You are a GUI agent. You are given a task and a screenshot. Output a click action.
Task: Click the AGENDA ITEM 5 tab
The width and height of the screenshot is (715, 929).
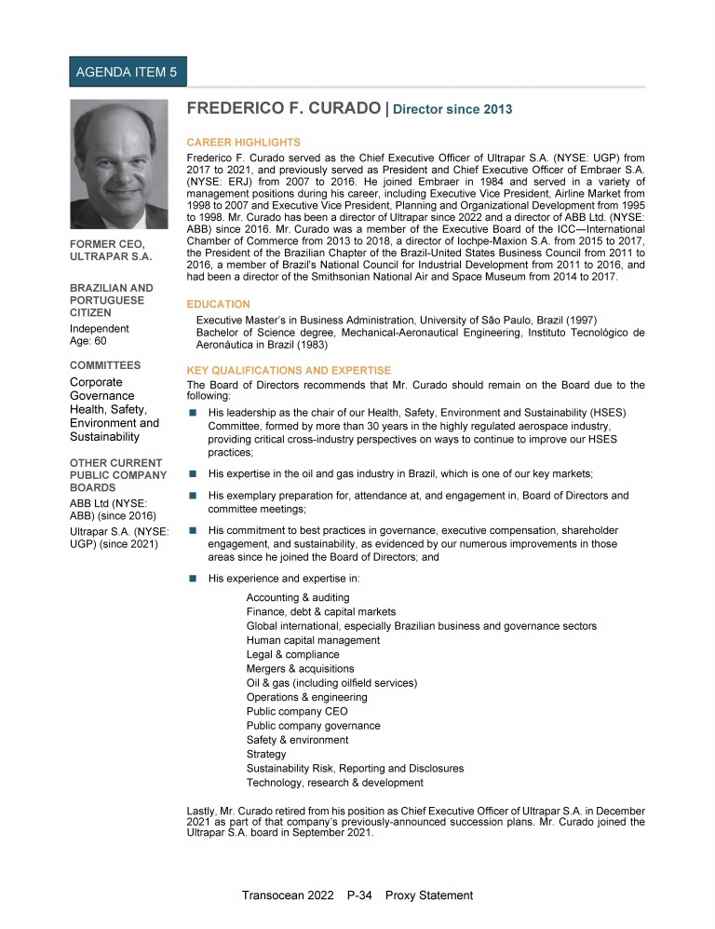(x=128, y=72)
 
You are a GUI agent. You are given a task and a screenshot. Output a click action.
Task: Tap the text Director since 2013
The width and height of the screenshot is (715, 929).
(x=452, y=110)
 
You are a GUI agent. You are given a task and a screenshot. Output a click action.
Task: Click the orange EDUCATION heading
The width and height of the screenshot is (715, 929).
(x=219, y=304)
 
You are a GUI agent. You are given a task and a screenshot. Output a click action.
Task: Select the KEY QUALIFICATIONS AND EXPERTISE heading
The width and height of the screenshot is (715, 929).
(x=289, y=370)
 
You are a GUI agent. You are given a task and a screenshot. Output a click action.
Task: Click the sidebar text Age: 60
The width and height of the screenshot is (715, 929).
(x=88, y=342)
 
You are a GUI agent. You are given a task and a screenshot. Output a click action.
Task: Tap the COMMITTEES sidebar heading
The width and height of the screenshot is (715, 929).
(x=106, y=365)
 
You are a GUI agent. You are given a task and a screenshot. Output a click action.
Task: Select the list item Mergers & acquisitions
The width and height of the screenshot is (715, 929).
(x=300, y=669)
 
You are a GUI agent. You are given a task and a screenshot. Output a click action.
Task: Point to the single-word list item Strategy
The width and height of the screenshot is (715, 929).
(x=266, y=754)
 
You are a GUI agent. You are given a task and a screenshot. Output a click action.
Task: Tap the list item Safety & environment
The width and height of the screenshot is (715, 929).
(x=297, y=740)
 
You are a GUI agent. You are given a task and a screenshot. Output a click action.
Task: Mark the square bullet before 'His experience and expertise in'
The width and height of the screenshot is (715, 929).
(x=193, y=579)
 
